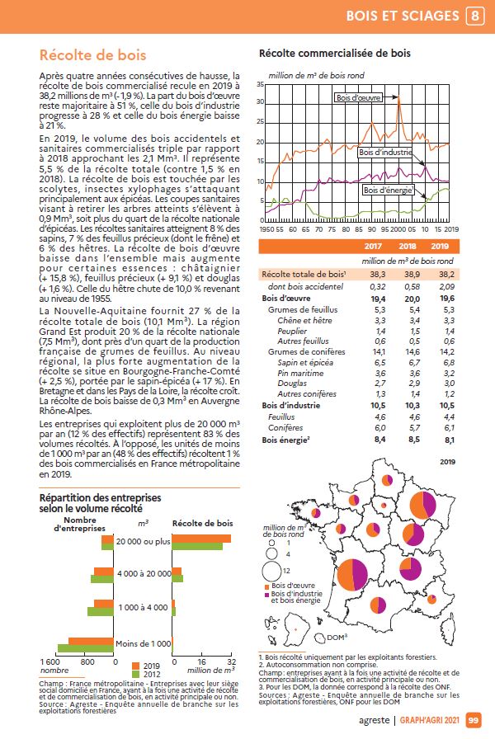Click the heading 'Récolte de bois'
93,55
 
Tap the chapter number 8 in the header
474,16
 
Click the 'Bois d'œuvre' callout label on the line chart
358,97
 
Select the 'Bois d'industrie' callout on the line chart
385,153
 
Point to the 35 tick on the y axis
260,84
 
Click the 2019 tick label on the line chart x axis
451,229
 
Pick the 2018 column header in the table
408,246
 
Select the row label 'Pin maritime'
300,374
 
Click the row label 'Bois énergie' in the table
285,440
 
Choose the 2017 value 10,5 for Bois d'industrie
378,405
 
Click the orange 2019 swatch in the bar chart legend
136,666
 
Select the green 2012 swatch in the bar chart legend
136,674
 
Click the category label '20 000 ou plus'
144,542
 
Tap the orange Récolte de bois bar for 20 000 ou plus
202,539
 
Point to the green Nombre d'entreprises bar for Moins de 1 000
86,648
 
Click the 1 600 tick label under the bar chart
50,661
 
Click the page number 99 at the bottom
474,720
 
